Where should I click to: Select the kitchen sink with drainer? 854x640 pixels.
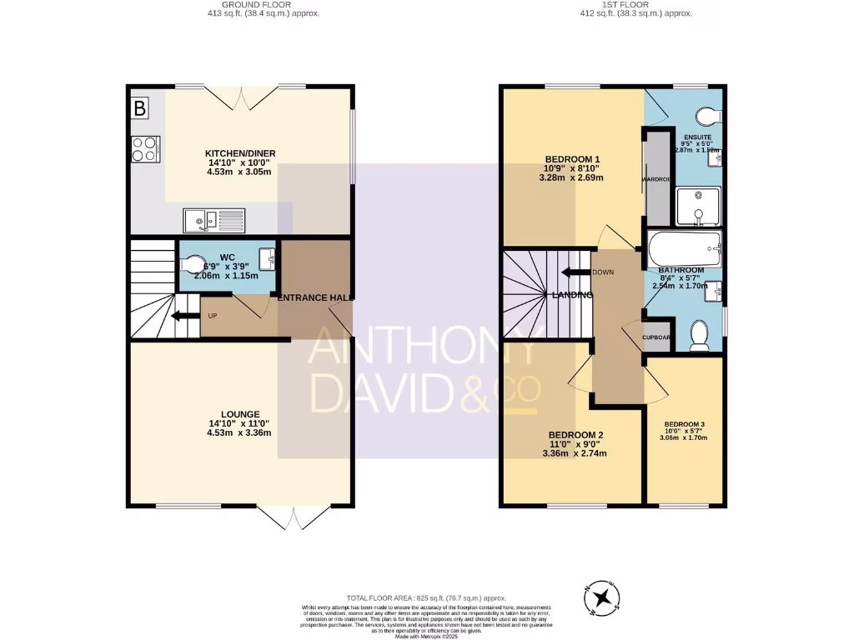[214, 219]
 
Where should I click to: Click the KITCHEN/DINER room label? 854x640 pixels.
[240, 153]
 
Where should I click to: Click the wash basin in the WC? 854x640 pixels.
[267, 259]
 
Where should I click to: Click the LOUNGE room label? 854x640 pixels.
[240, 414]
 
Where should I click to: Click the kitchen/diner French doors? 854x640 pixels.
[240, 99]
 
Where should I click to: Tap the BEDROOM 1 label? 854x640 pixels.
[572, 159]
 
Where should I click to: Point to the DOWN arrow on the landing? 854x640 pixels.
[574, 272]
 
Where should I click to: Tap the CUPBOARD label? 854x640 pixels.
[656, 337]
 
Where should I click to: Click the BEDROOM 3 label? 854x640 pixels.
[684, 424]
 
